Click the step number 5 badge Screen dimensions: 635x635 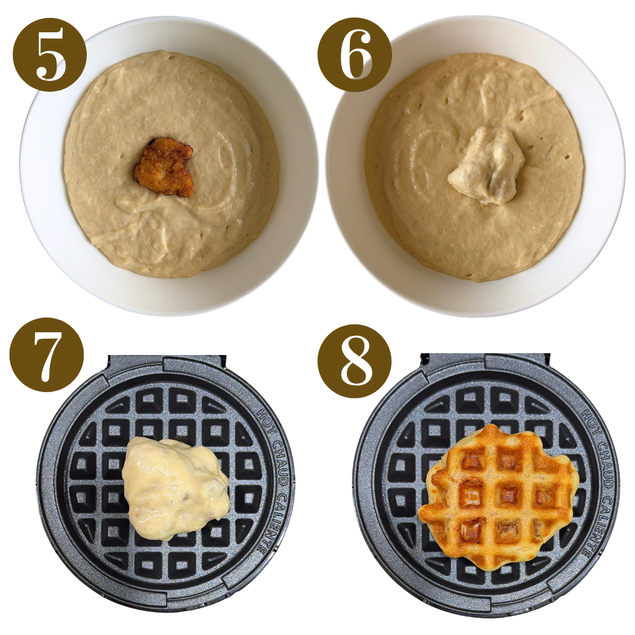pyautogui.click(x=49, y=55)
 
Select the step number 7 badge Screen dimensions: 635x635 pyautogui.click(x=47, y=355)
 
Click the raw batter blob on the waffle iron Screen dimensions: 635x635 pyautogui.click(x=175, y=487)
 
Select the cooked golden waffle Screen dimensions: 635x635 pyautogui.click(x=497, y=495)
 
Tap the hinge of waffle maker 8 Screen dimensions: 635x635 pyautogui.click(x=485, y=362)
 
